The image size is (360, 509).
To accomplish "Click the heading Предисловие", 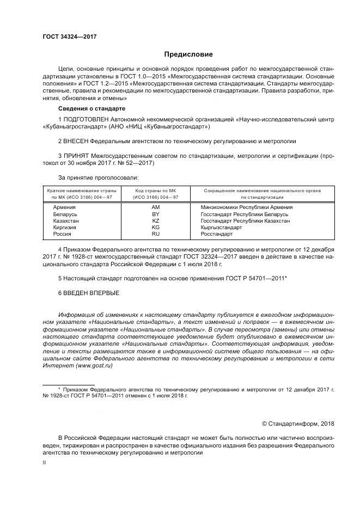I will [x=188, y=54].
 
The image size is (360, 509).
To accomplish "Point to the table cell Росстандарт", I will [x=217, y=234].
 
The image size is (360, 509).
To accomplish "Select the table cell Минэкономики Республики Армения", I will [x=247, y=207].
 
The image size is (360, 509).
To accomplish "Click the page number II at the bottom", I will [x=45, y=462].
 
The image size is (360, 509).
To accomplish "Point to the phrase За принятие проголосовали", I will [x=98, y=177].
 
